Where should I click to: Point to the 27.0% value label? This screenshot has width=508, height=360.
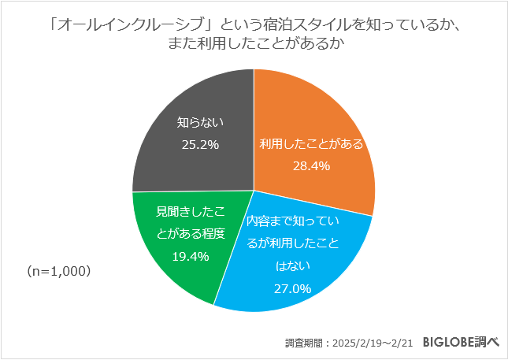293,288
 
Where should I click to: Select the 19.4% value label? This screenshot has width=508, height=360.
190,256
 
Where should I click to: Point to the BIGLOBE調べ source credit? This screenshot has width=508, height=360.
461,342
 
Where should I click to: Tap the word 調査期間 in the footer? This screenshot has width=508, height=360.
304,343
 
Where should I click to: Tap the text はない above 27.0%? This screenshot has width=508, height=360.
293,266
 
